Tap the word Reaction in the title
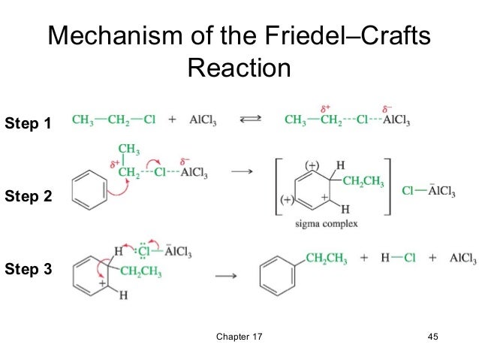point(239,68)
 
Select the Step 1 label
point(28,124)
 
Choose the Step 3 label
point(28,268)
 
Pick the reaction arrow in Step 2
point(240,173)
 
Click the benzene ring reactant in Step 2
point(89,189)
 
